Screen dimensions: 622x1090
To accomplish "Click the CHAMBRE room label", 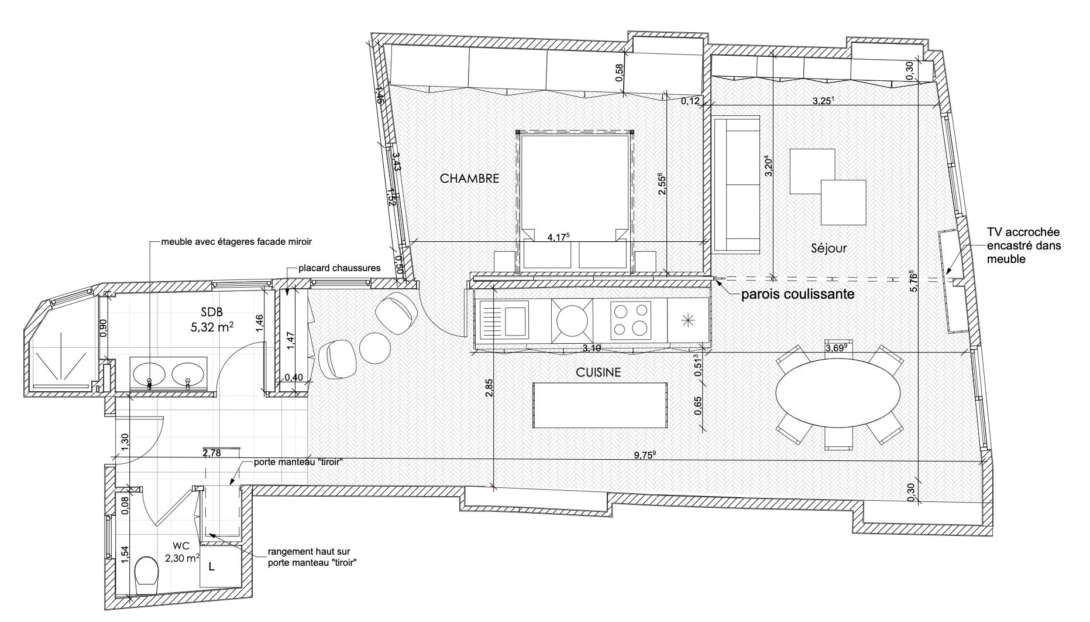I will pos(469,179).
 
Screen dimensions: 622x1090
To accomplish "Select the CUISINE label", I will pos(598,372).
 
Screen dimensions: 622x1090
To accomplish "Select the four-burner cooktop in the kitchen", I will pos(630,319).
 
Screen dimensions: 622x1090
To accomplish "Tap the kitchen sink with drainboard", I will pos(504,320).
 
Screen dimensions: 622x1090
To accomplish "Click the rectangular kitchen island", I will pos(600,406).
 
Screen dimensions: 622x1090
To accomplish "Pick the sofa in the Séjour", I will pos(735,184).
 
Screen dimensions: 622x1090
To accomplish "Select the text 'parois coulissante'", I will pos(797,295).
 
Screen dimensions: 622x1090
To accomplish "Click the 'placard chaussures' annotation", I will pos(339,268).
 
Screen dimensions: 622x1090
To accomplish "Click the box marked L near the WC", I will pos(212,566).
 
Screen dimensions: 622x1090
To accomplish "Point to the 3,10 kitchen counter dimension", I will pos(592,348).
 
